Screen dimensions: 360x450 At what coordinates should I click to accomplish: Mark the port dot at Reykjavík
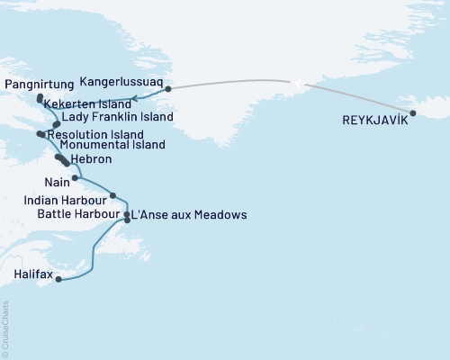coord(412,113)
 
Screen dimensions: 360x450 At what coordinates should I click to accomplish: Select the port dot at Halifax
coord(58,280)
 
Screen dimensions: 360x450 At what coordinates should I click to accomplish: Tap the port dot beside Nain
coord(76,178)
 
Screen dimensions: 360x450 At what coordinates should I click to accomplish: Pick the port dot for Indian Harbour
coord(112,195)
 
